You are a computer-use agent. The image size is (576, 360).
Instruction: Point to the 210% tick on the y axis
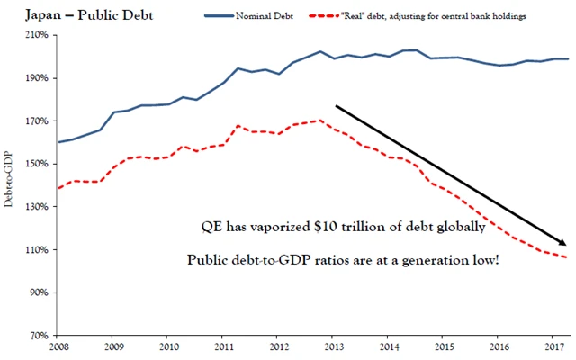click(x=41, y=35)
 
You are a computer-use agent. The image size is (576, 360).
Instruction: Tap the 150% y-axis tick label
click(x=41, y=164)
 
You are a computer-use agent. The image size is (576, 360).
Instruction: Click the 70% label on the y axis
click(x=44, y=335)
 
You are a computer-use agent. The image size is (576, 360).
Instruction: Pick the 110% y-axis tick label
click(x=41, y=249)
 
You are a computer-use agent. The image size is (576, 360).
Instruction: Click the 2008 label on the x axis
click(x=58, y=346)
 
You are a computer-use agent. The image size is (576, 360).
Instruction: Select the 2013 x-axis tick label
click(x=334, y=346)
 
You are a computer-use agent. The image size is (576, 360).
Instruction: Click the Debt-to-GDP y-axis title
click(x=9, y=185)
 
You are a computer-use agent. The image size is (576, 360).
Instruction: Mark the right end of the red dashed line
click(x=567, y=257)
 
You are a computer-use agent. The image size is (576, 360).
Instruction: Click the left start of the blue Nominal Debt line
click(x=58, y=142)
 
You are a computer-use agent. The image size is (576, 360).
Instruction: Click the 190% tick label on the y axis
click(x=41, y=78)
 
